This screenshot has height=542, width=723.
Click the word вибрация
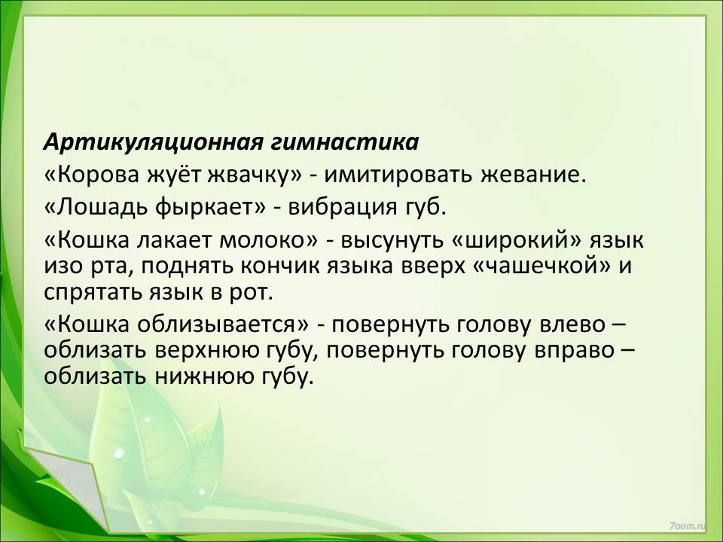pyautogui.click(x=343, y=209)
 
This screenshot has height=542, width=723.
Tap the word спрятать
pyautogui.click(x=93, y=293)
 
